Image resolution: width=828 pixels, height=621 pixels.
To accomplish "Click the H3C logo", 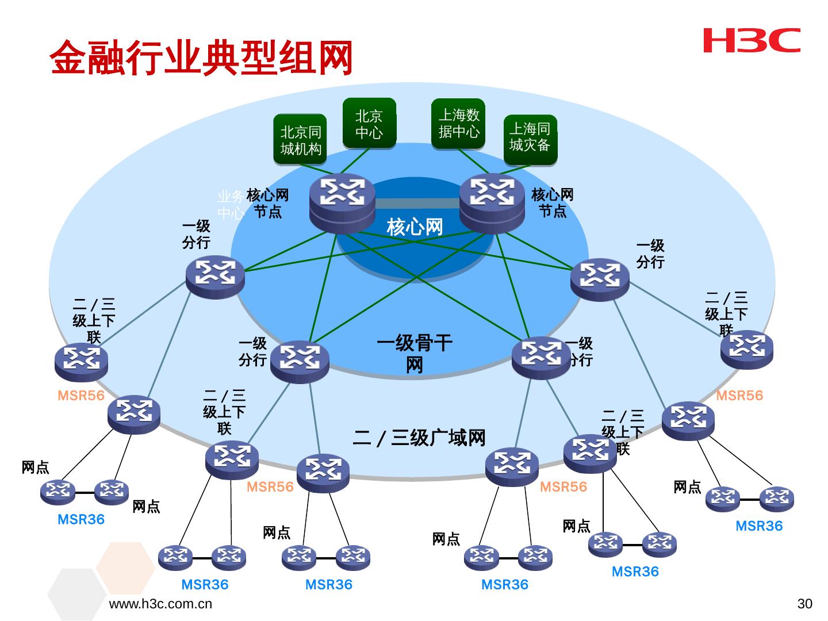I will coord(752,40).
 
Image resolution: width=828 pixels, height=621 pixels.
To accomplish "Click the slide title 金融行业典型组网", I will coord(201,58).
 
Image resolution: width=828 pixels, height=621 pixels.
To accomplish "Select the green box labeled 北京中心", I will coord(369,124).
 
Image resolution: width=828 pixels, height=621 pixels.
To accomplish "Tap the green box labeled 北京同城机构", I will coord(300,140).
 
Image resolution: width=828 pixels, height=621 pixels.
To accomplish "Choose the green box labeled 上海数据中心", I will coord(458,124).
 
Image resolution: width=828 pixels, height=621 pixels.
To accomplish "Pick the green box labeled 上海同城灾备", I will coord(529,137).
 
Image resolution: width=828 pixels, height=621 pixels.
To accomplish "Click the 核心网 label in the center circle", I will coord(415,227).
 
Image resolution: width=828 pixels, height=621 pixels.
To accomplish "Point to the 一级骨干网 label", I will coord(414,354).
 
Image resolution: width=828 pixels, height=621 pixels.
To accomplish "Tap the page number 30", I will coord(804,604).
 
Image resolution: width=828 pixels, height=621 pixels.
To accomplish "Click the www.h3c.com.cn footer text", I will coord(160,604).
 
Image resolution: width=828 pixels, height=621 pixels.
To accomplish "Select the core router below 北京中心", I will coord(342,203).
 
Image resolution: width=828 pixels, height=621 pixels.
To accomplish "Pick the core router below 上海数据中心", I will coord(492,202).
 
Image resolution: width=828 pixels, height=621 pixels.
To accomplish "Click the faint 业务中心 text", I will coord(230,205).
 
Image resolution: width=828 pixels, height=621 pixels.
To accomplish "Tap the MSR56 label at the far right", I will coord(739,396).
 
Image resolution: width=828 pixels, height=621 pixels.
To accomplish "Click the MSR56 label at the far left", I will coord(81,396).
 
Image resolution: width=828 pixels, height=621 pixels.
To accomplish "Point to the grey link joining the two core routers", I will coord(417,204).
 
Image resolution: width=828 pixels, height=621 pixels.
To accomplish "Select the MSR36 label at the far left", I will coord(81,520).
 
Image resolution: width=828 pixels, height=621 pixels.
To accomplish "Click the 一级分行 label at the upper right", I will coord(650,254).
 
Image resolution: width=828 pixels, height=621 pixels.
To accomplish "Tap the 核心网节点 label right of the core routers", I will coord(552,203).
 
